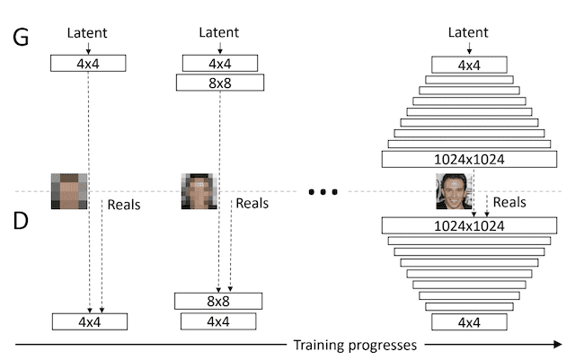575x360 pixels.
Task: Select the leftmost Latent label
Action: point(89,33)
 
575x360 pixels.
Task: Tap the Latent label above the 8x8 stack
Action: point(218,33)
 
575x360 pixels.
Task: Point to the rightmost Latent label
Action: point(468,33)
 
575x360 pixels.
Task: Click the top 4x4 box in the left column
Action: point(89,64)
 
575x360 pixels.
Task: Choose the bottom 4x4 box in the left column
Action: point(90,320)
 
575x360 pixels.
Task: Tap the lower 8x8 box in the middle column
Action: point(218,301)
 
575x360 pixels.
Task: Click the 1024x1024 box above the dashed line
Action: point(469,159)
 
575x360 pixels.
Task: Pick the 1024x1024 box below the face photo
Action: point(469,225)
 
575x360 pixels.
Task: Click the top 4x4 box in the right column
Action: point(468,65)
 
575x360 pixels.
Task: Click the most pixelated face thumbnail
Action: point(68,191)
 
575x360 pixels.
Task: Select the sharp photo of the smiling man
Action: point(454,191)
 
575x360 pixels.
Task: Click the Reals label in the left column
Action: point(124,205)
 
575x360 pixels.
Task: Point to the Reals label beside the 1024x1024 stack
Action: point(510,203)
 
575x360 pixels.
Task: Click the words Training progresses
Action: point(356,344)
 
